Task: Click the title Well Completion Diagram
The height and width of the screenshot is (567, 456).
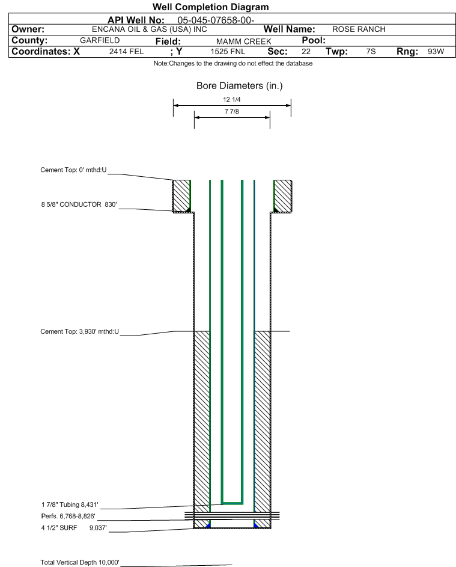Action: coord(211,7)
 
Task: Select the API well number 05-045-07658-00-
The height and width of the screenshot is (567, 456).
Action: coord(216,20)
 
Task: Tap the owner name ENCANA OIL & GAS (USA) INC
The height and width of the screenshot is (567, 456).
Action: coord(149,29)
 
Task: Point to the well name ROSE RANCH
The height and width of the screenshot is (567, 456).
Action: coord(359,29)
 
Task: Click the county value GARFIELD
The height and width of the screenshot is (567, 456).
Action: coord(100,40)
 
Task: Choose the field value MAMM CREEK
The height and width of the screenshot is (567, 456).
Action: coord(243,41)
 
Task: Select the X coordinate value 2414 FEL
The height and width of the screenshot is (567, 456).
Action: coord(126,52)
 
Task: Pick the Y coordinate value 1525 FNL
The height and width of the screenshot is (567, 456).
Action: coord(228,52)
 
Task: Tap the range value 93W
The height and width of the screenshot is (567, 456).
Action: coord(436,51)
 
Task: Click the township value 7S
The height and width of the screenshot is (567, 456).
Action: coord(371,51)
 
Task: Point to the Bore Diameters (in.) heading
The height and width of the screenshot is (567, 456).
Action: coord(240,86)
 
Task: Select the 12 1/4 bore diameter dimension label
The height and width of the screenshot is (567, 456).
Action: coord(232,99)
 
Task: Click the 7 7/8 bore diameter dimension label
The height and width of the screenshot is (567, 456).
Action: coord(232,111)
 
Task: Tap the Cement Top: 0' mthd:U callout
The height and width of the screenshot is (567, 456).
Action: coord(73,170)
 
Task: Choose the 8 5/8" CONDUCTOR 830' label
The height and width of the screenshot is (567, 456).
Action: coord(79,204)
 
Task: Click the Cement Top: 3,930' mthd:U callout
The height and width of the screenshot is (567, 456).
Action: coord(79,331)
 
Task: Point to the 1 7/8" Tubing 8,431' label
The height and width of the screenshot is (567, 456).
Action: coord(70,505)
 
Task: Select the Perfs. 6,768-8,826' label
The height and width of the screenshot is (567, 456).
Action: coord(68,516)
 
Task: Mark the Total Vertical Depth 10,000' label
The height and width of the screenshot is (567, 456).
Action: coord(80,562)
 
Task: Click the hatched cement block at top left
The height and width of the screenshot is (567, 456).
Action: coord(181,196)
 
